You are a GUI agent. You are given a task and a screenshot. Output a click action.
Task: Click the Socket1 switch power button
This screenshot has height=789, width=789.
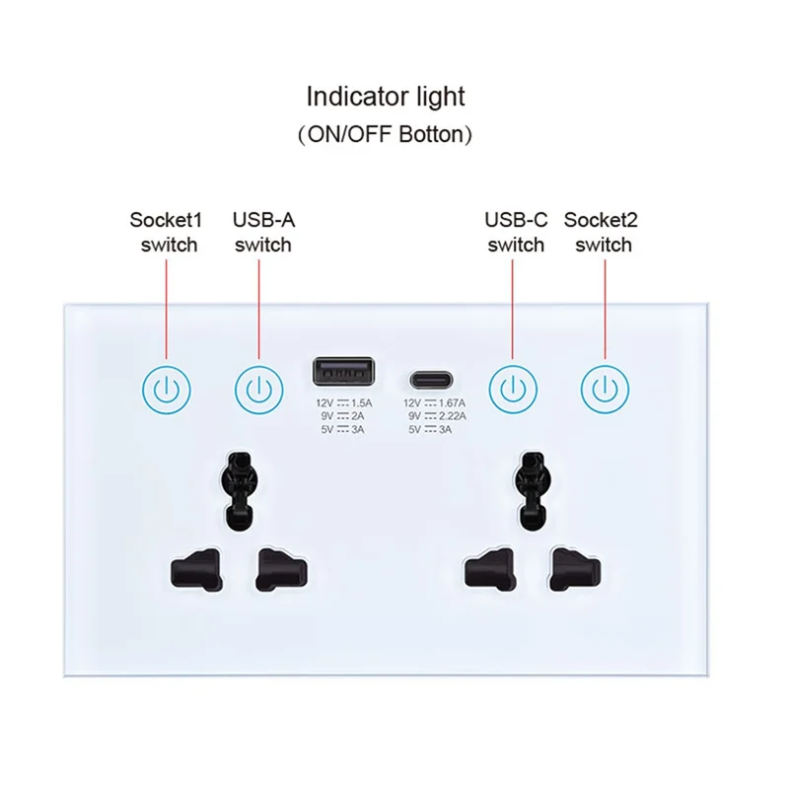[166, 390]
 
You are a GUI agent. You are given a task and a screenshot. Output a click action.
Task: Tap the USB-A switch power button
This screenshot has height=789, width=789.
[258, 390]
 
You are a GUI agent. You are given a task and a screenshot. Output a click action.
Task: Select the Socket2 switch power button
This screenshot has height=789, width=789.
[604, 390]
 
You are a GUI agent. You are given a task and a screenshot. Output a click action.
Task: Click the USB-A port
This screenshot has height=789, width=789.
[342, 373]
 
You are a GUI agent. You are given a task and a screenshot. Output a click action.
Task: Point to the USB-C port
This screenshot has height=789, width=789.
[433, 379]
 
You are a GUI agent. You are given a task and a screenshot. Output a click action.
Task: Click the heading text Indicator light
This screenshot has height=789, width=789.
[385, 97]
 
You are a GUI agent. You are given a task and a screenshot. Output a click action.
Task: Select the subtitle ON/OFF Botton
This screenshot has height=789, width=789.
[385, 134]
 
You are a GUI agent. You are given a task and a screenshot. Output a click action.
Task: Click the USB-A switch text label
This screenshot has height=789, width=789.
[262, 232]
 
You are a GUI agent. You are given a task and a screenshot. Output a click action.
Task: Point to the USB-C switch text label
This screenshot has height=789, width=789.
[516, 232]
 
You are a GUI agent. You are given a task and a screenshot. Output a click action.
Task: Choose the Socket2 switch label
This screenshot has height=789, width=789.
[602, 232]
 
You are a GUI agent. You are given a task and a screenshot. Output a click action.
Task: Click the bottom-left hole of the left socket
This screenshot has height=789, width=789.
[191, 569]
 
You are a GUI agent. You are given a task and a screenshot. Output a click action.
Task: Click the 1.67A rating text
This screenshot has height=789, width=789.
[451, 402]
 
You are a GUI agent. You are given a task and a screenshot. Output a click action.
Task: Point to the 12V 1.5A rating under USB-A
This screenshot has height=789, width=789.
[342, 402]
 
